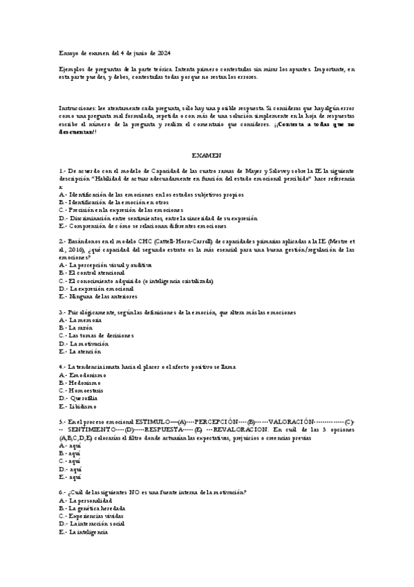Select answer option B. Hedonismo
pyautogui.click(x=80, y=382)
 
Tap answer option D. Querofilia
pyautogui.click(x=79, y=398)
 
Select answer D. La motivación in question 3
pyautogui.click(x=84, y=343)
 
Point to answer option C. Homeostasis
pyautogui.click(x=84, y=390)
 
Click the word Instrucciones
pyautogui.click(x=79, y=109)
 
